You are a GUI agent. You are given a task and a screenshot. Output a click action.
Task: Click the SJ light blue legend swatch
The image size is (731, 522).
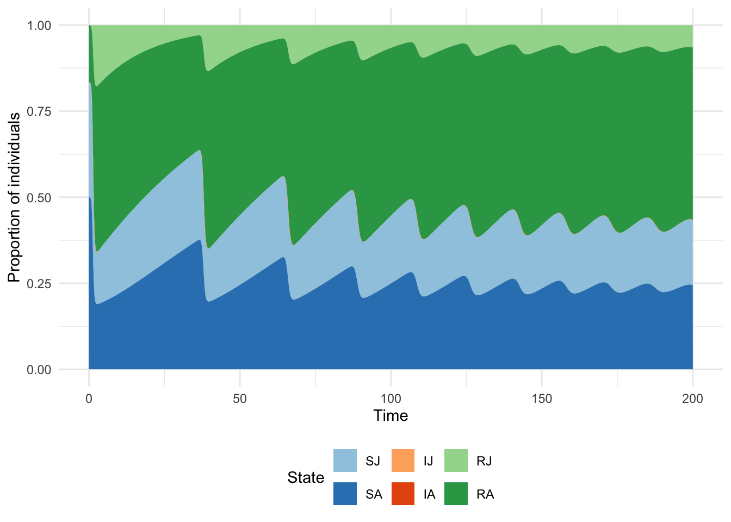(x=345, y=461)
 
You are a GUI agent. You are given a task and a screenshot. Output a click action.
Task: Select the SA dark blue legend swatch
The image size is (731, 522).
(x=345, y=494)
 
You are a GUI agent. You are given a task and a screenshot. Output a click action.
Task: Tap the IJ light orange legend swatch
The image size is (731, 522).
(x=403, y=461)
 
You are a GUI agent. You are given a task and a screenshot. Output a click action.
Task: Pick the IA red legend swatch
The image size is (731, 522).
(x=403, y=494)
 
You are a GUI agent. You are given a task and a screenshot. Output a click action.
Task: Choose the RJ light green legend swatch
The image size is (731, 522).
(x=456, y=461)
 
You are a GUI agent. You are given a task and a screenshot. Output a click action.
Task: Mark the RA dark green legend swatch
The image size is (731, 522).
(x=456, y=494)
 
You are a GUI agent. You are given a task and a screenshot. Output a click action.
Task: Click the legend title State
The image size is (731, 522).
(x=306, y=477)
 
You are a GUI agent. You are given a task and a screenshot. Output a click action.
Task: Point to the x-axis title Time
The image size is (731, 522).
(x=391, y=416)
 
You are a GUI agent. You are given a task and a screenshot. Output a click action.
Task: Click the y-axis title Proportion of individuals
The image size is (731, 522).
(x=14, y=197)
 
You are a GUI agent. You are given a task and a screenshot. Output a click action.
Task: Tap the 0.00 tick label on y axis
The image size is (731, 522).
(x=39, y=370)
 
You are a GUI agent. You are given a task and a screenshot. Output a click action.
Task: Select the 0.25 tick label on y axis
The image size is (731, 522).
(x=39, y=284)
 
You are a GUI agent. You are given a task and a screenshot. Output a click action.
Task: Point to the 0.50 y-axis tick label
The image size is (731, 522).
(x=39, y=197)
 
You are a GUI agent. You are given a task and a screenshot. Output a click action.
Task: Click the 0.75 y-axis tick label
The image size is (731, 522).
(x=39, y=111)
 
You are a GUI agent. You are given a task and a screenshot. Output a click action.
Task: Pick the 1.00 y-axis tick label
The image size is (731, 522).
(x=39, y=26)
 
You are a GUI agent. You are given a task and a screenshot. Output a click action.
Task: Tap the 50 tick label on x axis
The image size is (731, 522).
(x=240, y=399)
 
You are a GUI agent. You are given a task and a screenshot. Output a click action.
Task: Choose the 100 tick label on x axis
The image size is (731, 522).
(x=391, y=399)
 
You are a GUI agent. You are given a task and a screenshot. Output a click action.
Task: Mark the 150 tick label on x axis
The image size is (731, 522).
(x=542, y=399)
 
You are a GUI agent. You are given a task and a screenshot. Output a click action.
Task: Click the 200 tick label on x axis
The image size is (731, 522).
(x=692, y=399)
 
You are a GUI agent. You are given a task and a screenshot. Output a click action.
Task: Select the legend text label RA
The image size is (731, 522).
(x=485, y=494)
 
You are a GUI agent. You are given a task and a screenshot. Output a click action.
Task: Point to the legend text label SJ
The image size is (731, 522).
(x=373, y=461)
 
